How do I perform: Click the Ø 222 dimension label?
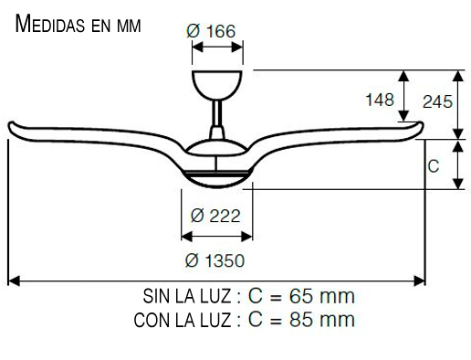coord(216,216)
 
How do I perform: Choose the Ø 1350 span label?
coord(215,260)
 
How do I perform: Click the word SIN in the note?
coord(156,297)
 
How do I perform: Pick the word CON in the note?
coord(151,320)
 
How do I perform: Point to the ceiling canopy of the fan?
coord(217,84)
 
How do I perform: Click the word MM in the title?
coord(129,26)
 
